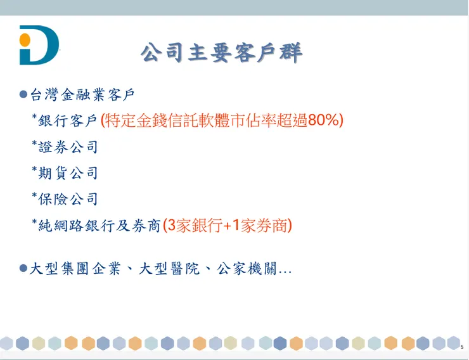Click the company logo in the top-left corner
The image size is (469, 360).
point(39,45)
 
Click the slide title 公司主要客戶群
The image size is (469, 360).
point(221,52)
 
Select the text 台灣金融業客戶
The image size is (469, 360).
point(82,95)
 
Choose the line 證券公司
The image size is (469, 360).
point(68,147)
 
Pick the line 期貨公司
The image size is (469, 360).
point(68,173)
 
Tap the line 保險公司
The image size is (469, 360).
point(68,199)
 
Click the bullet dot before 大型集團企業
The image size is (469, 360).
point(23,269)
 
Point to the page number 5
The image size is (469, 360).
point(462,347)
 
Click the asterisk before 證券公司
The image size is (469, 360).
point(34,145)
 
